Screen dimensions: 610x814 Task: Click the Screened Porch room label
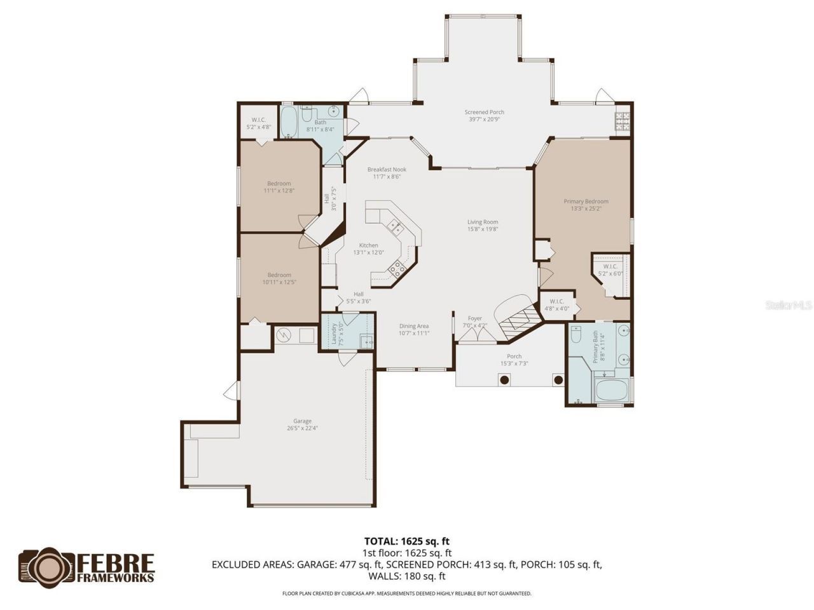(484, 112)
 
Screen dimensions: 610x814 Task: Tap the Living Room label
(483, 222)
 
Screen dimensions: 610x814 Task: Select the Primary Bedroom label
(586, 201)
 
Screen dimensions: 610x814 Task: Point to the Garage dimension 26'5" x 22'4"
(302, 428)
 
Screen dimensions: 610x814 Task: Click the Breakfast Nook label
(387, 170)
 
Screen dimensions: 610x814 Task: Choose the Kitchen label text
(368, 245)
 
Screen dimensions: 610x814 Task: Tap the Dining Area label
(414, 326)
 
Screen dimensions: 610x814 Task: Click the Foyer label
(474, 318)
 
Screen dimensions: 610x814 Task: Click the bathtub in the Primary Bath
(610, 390)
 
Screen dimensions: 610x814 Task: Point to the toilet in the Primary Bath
(576, 334)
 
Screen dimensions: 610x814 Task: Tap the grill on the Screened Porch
(621, 121)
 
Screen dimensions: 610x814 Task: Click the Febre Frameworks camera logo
(47, 567)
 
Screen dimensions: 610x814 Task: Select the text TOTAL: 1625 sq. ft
(407, 541)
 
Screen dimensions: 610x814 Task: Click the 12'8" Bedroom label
(279, 184)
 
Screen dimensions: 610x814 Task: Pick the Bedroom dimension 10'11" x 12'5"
(279, 282)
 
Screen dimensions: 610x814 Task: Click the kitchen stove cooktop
(397, 268)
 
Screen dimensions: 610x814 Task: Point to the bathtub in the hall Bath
(289, 123)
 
